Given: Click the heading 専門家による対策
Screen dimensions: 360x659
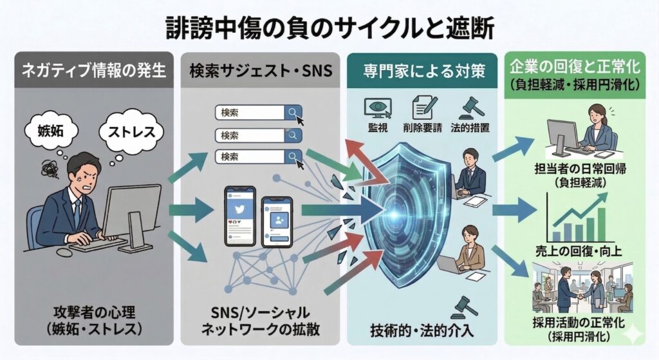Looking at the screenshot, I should click(421, 70).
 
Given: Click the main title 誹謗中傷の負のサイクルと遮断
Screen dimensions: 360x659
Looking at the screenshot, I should click(329, 28).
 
